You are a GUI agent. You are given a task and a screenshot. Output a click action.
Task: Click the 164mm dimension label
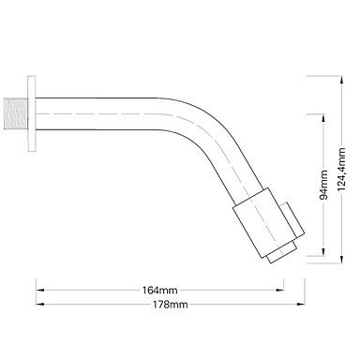(159, 291)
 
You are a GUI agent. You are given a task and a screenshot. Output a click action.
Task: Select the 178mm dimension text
(171, 304)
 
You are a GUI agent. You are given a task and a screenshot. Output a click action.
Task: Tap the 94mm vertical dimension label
(323, 185)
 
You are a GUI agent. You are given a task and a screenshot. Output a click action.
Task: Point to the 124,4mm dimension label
(341, 169)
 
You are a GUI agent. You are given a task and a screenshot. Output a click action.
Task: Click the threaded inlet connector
(16, 113)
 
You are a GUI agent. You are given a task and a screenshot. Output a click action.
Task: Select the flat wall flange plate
(32, 113)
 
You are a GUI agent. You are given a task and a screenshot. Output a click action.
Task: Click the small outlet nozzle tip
(282, 252)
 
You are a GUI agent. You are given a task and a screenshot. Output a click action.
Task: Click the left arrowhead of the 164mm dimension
(40, 290)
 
